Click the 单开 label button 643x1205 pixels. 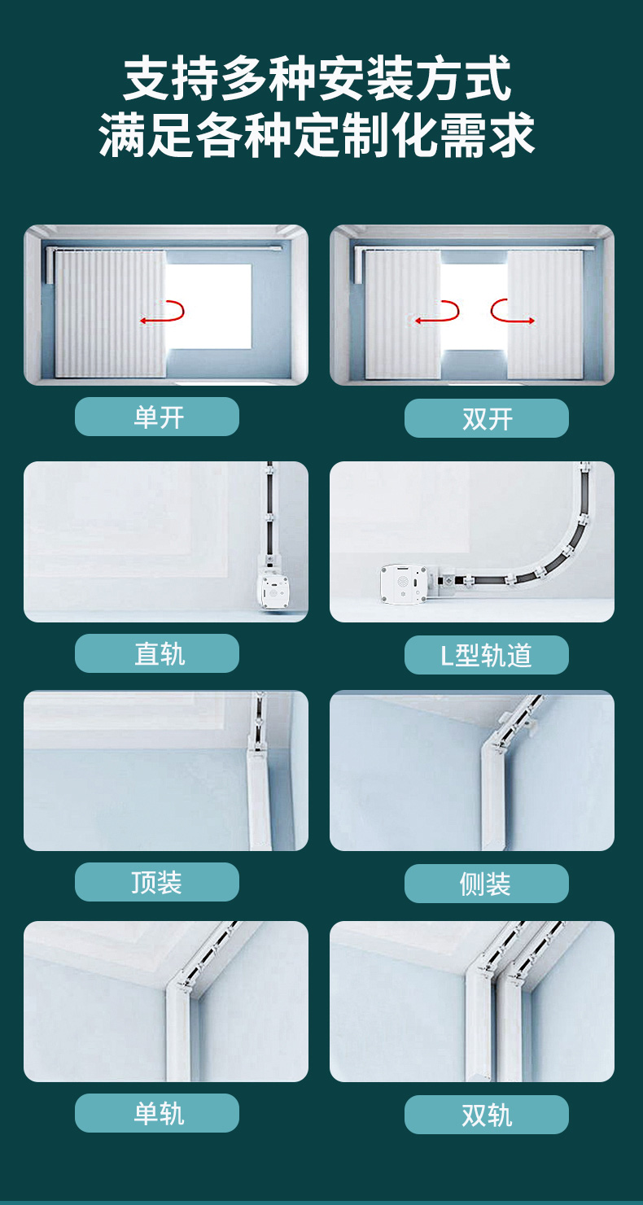[x=156, y=417]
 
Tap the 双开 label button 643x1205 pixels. [x=487, y=418]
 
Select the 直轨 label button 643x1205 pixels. [x=156, y=653]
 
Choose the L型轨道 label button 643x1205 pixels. [x=487, y=655]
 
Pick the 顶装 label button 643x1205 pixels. [x=156, y=882]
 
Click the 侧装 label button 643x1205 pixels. [x=487, y=884]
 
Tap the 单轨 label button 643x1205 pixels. [x=156, y=1113]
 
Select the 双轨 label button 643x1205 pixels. [x=487, y=1115]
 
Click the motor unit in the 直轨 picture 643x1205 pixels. [x=275, y=591]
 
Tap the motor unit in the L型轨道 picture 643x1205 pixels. [x=404, y=583]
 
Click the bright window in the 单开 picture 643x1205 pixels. [x=208, y=307]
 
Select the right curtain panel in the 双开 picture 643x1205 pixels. [x=545, y=315]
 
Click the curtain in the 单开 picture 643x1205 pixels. [x=110, y=314]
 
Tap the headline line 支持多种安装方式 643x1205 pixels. [x=317, y=79]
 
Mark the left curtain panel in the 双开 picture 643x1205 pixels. [x=402, y=315]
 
